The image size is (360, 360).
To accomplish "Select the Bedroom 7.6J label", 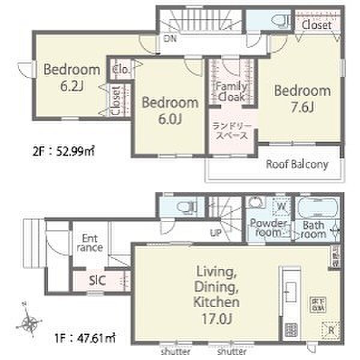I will [x=302, y=99].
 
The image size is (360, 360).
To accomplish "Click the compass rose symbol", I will [x=29, y=323].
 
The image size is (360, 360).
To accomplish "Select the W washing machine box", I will [x=280, y=208].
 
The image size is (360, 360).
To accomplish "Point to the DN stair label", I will [x=169, y=39].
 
